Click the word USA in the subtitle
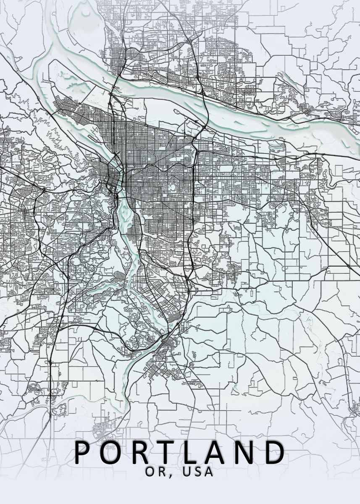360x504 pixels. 198,472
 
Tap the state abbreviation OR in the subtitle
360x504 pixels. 155,472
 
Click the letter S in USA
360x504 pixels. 198,472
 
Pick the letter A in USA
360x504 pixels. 209,472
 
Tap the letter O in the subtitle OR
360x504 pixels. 150,472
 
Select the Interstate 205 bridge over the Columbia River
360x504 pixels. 205,107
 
